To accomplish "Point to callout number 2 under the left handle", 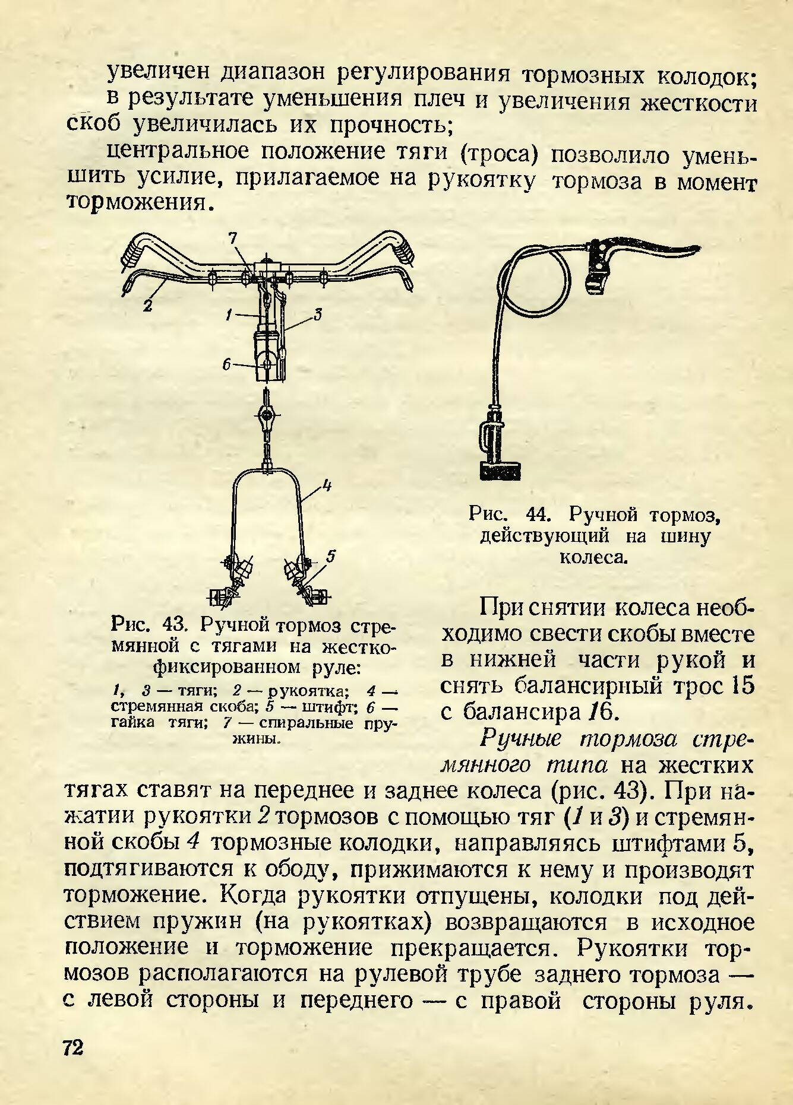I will tap(147, 306).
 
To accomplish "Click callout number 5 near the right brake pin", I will tap(331, 557).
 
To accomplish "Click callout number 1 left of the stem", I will tap(229, 317).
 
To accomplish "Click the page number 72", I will tap(73, 1047).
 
